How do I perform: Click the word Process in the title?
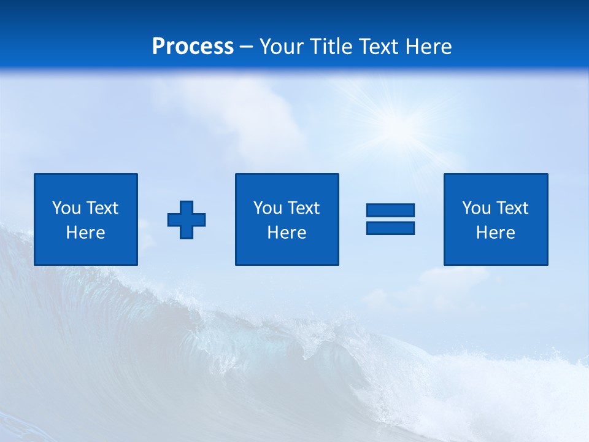[193, 46]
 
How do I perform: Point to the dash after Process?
[246, 47]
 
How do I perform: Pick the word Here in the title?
[429, 47]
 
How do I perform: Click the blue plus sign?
[187, 220]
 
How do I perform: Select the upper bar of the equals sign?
[390, 210]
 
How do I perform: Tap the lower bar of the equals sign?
[390, 228]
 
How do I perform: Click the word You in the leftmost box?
[66, 208]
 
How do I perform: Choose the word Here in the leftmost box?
[85, 233]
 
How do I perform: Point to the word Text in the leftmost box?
[102, 208]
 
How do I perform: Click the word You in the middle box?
[268, 208]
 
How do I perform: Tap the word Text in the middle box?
[303, 208]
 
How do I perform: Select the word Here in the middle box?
[287, 233]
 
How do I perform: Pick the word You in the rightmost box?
[476, 208]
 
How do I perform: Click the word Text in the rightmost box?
[512, 208]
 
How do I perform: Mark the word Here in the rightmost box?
[495, 233]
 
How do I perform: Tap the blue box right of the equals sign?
[496, 184]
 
